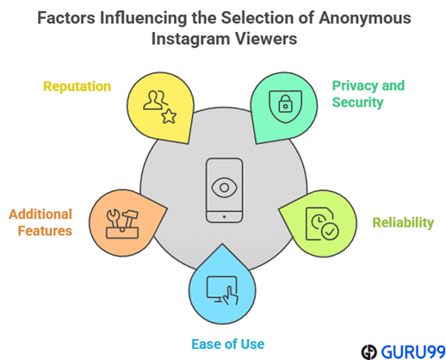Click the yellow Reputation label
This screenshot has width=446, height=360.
tap(77, 87)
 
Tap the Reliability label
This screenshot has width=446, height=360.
tap(403, 222)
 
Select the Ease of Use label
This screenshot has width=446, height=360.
tap(228, 344)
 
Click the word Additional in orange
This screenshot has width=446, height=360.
tap(40, 214)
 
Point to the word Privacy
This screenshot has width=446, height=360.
tap(352, 86)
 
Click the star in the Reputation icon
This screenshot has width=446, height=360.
tap(169, 116)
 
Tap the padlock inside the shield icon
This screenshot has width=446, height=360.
tap(285, 103)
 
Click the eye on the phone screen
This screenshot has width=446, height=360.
tap(224, 188)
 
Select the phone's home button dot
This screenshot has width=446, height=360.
tap(224, 217)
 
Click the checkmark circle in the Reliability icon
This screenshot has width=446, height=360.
tap(330, 231)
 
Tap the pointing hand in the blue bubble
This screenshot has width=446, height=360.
tap(231, 295)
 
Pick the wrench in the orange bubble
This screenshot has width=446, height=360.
tap(114, 218)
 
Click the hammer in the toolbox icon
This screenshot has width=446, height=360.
tap(130, 218)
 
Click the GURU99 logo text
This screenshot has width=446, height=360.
tap(413, 351)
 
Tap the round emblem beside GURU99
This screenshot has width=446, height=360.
tap(369, 352)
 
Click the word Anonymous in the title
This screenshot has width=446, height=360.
tap(365, 18)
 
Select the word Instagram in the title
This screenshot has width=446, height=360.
tap(190, 40)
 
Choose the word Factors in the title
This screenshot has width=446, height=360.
tap(66, 18)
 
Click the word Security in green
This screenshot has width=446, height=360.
tap(357, 102)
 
